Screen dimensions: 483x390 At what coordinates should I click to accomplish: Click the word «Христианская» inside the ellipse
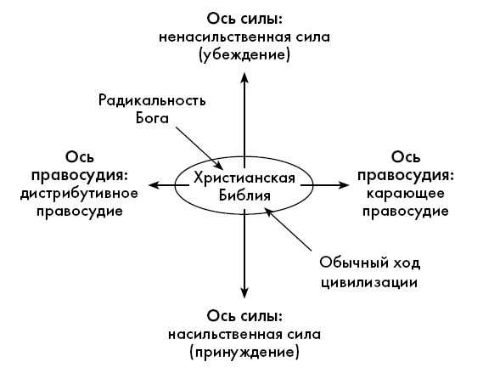click(x=244, y=178)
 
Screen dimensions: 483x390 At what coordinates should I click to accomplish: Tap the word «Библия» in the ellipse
click(x=244, y=195)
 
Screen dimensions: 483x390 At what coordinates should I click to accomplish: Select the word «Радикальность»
click(x=152, y=101)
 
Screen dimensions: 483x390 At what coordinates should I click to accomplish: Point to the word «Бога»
click(x=152, y=118)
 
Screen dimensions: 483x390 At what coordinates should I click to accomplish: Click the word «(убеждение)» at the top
click(x=244, y=55)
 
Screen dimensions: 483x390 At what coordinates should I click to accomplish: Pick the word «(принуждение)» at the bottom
click(x=244, y=352)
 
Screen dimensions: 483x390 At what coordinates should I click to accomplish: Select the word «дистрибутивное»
click(x=79, y=194)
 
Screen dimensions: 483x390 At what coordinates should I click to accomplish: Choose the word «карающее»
click(x=406, y=194)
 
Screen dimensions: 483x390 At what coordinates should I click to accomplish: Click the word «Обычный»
click(x=350, y=263)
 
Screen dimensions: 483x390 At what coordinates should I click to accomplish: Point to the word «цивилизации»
click(x=369, y=282)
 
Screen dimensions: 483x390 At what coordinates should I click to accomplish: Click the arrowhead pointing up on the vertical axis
click(x=244, y=77)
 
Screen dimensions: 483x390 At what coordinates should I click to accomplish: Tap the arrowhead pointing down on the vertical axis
click(x=244, y=293)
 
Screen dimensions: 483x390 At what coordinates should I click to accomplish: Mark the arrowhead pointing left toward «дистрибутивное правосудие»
click(x=154, y=185)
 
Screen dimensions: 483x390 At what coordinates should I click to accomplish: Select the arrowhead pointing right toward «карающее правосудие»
click(x=344, y=185)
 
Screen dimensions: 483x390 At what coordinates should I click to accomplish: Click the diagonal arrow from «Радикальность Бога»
click(x=199, y=148)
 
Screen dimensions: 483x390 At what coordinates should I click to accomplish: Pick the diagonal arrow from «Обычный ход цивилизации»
click(x=288, y=229)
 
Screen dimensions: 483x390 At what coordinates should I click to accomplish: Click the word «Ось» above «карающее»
click(x=406, y=157)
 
